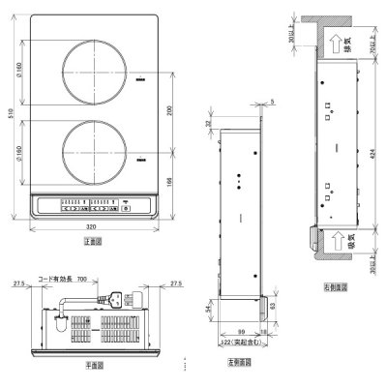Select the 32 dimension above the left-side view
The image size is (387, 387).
pos(209,123)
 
